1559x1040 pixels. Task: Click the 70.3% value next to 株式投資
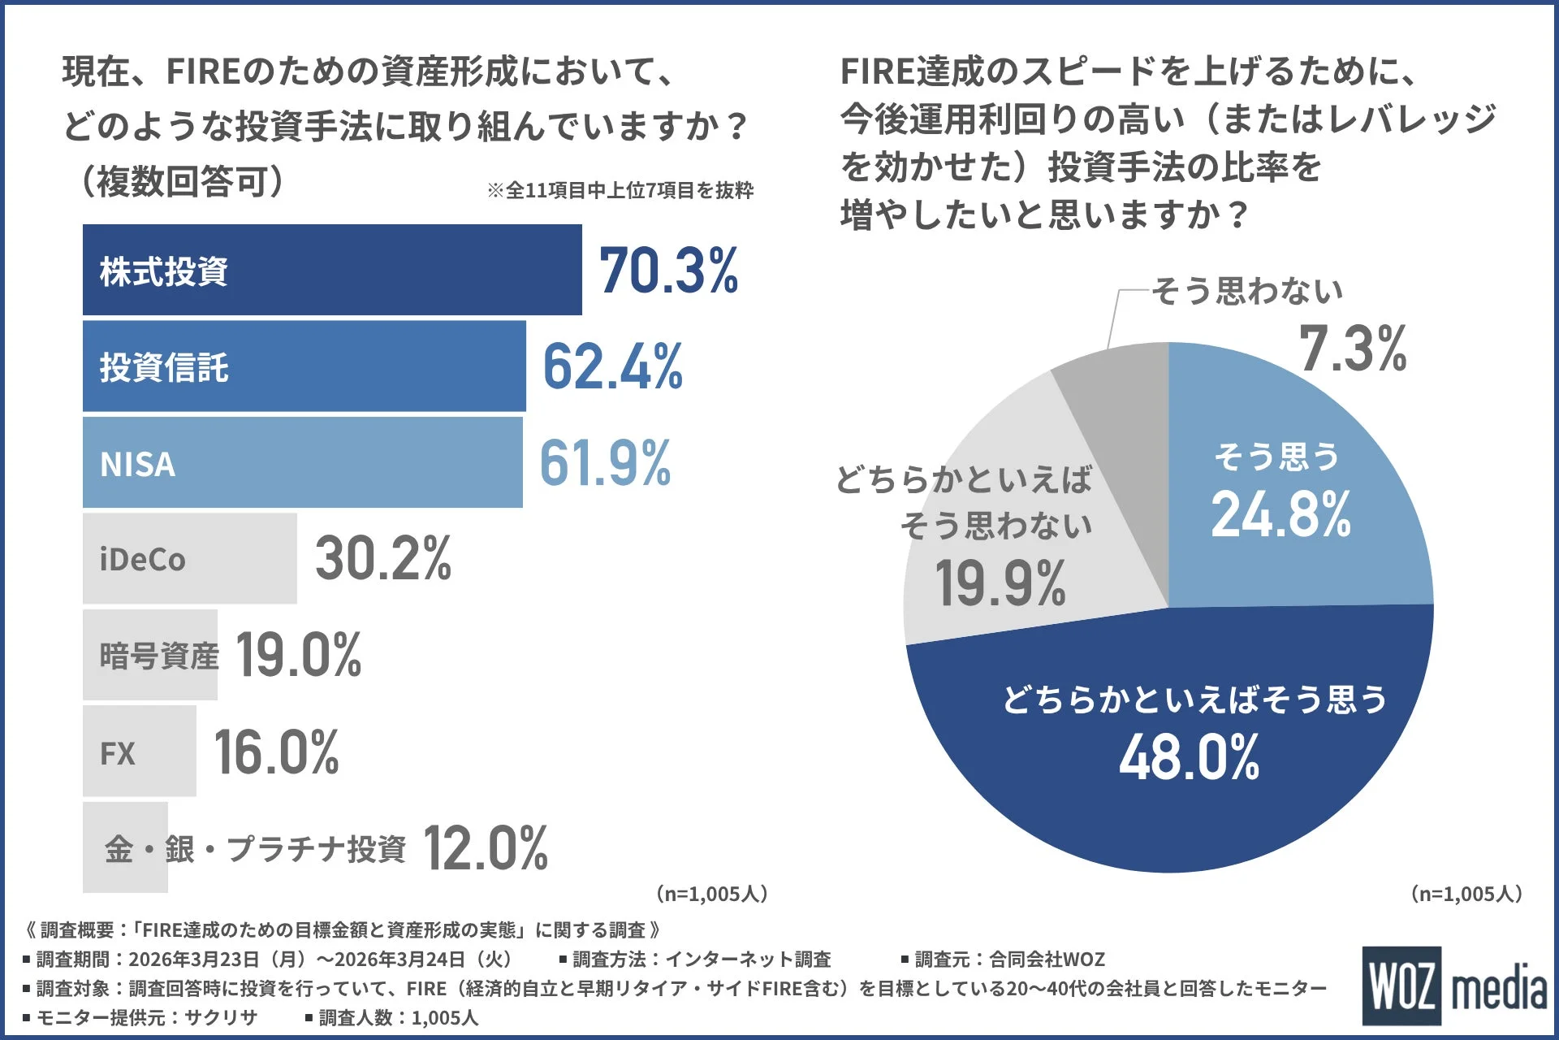pyautogui.click(x=668, y=271)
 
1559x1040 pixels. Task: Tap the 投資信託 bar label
pyautogui.click(x=164, y=367)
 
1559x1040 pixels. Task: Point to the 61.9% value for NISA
pyautogui.click(x=605, y=463)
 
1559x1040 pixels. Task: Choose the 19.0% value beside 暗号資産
pyautogui.click(x=299, y=655)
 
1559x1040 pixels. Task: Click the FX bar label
pyautogui.click(x=118, y=753)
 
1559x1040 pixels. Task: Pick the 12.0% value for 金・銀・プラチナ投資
pyautogui.click(x=486, y=848)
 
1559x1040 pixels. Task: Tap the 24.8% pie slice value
pyautogui.click(x=1280, y=515)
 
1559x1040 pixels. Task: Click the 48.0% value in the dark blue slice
pyautogui.click(x=1189, y=757)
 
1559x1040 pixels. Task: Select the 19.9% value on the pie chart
pyautogui.click(x=1000, y=583)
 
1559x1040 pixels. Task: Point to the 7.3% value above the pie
pyautogui.click(x=1353, y=349)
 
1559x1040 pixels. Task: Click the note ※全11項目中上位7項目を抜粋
pyautogui.click(x=620, y=190)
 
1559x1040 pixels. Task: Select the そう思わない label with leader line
pyautogui.click(x=1247, y=291)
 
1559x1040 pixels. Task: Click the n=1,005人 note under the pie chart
pyautogui.click(x=1466, y=894)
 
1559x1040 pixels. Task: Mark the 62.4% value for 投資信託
pyautogui.click(x=612, y=367)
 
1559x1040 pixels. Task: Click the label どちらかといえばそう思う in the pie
pyautogui.click(x=1194, y=700)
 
